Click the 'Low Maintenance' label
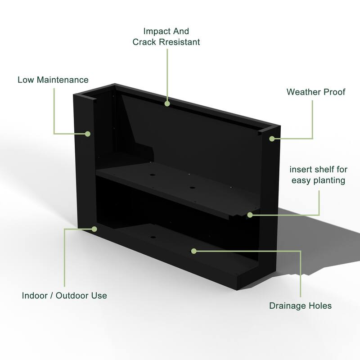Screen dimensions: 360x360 tap(53, 80)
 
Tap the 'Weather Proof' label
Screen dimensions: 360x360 tap(316, 92)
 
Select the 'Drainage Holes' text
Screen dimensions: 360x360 tap(300, 306)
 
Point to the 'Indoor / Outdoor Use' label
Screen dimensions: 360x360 tap(64, 296)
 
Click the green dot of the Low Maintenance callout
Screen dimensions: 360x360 tap(88, 134)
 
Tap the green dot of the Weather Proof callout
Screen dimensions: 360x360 tap(272, 139)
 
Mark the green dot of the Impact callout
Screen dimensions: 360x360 tap(167, 104)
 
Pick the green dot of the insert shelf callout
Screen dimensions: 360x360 tap(250, 215)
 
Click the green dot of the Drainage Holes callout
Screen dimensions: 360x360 tap(194, 250)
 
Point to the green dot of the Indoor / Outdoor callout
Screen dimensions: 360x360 tap(94, 229)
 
